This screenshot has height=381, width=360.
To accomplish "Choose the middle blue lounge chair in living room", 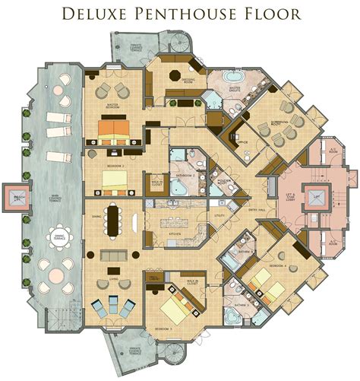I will (113, 309).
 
